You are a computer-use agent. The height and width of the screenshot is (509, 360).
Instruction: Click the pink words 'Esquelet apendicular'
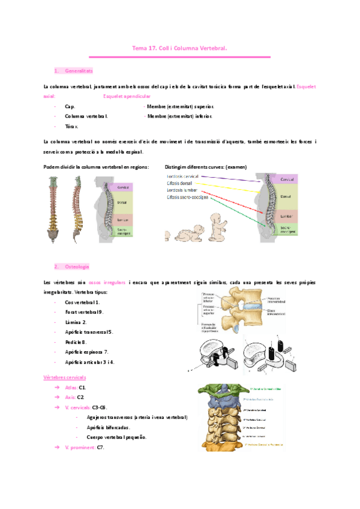(x=127, y=96)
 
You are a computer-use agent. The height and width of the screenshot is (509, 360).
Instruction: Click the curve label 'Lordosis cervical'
(x=183, y=176)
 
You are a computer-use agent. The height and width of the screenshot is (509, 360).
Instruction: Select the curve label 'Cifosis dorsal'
(x=181, y=184)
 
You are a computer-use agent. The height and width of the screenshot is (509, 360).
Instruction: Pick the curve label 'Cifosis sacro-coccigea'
(x=188, y=198)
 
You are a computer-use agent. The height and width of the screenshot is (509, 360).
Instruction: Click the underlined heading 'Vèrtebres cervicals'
(x=65, y=378)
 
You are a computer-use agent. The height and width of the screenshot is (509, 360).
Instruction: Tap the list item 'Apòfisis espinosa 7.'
(x=86, y=352)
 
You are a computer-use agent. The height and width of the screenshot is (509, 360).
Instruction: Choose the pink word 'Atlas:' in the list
(x=70, y=388)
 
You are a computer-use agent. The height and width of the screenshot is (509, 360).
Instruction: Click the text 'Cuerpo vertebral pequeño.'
(x=116, y=437)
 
